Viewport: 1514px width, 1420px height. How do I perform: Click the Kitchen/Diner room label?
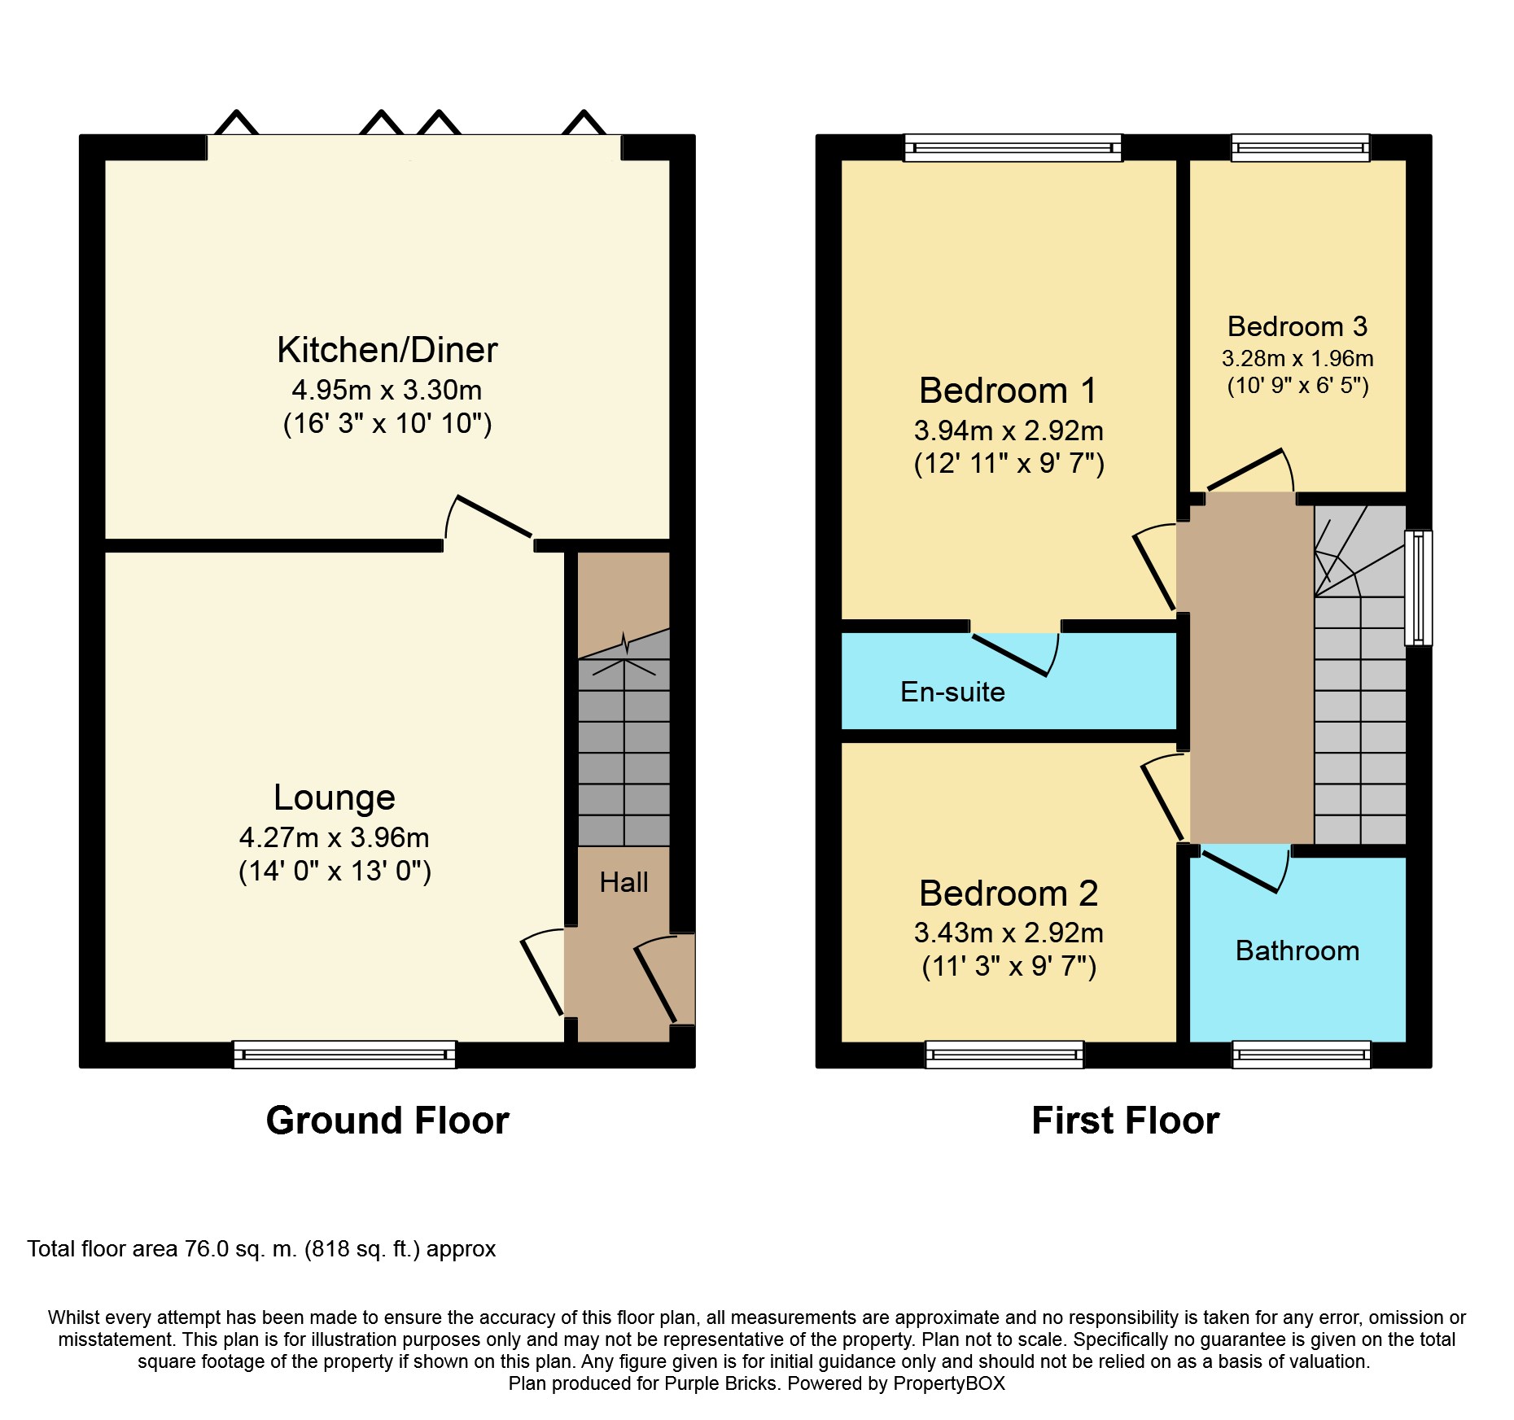point(387,350)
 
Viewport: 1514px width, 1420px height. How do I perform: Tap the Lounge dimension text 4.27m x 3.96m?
point(335,837)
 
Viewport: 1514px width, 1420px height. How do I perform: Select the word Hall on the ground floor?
point(624,882)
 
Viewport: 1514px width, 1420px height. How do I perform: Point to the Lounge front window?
point(344,1055)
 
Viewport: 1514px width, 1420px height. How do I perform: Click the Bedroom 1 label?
point(1009,391)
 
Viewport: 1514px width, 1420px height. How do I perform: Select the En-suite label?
point(952,692)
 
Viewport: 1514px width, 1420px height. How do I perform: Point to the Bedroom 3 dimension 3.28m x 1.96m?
point(1297,358)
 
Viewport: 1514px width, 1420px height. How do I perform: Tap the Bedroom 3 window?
point(1300,147)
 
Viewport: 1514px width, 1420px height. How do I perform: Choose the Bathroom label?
point(1297,950)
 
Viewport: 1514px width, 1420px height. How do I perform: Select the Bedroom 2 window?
point(1004,1055)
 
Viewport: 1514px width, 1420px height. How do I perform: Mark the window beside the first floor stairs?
point(1419,588)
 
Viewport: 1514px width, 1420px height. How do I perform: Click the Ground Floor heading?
point(387,1121)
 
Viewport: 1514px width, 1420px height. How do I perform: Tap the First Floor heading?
point(1125,1121)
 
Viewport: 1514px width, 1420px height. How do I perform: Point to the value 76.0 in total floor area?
point(207,1249)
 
